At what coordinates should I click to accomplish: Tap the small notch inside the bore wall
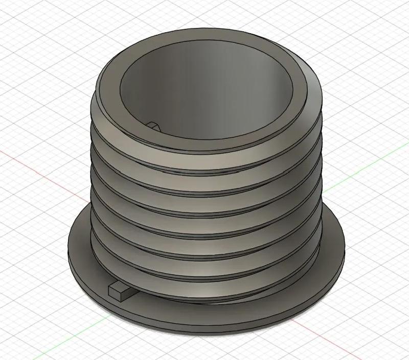153,125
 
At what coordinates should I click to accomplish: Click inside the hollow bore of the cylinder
204,97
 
